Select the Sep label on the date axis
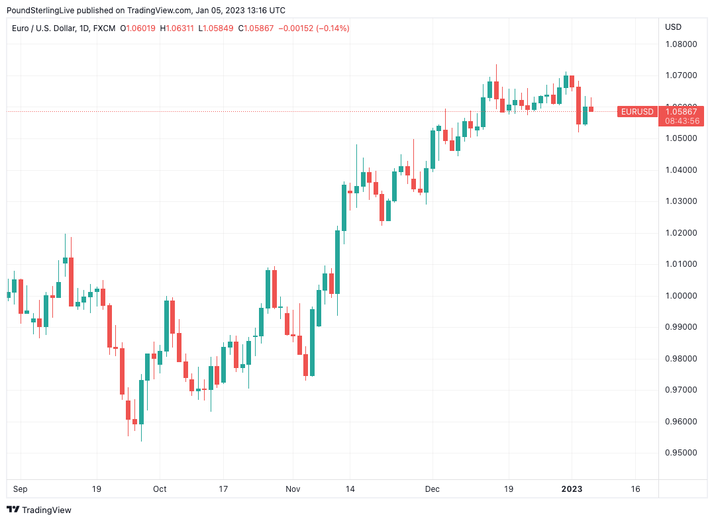pos(21,489)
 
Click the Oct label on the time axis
pos(160,489)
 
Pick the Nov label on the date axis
pos(293,489)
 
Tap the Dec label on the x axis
pos(433,489)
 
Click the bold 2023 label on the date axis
pos(572,489)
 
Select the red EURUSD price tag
pos(637,112)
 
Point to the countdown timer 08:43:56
pos(682,121)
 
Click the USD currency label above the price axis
pos(673,27)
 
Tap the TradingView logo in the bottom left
pos(39,510)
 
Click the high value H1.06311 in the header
pos(177,28)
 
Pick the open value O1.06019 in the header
pos(138,28)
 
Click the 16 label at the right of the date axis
pos(635,489)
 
